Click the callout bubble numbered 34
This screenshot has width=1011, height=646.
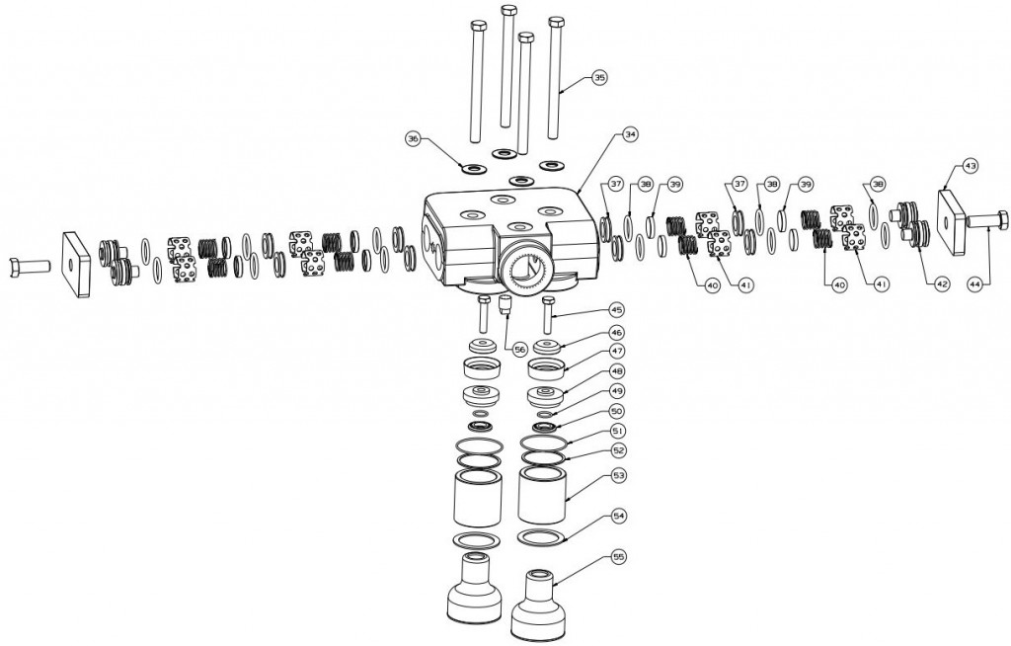click(630, 133)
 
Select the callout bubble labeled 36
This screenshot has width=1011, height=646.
click(414, 139)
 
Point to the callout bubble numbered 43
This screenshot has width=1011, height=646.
click(971, 167)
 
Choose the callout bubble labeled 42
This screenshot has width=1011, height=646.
click(941, 283)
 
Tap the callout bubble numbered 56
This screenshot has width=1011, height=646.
click(520, 349)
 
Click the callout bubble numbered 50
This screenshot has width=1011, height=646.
click(615, 410)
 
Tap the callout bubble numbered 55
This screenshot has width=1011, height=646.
click(619, 557)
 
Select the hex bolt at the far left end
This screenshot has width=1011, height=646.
click(28, 267)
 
